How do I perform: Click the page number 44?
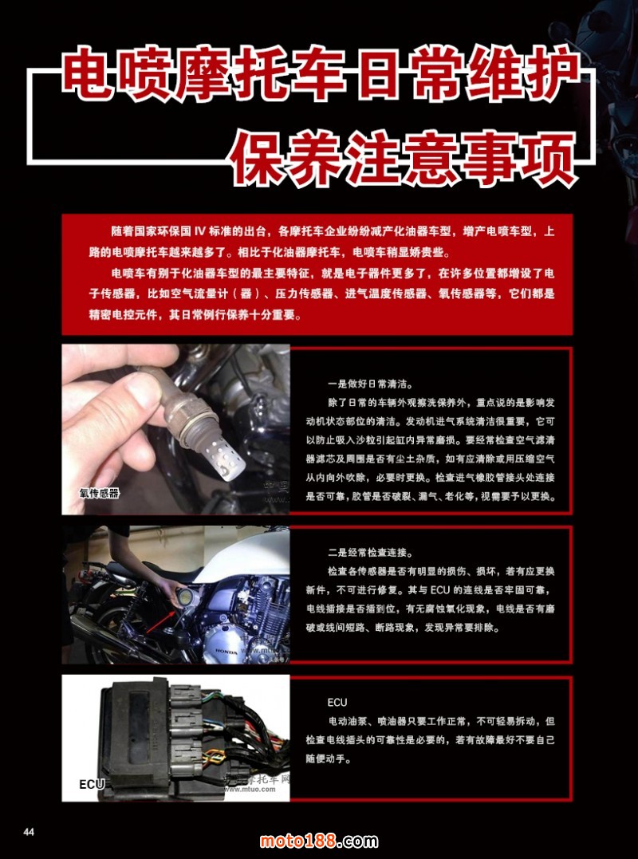pos(29,832)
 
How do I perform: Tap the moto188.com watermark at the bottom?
pos(319,841)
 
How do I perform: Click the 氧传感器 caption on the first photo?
pos(99,493)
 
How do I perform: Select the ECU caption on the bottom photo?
pos(92,785)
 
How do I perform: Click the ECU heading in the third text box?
pos(337,703)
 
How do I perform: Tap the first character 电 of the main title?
pos(89,74)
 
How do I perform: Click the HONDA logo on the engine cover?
pos(226,652)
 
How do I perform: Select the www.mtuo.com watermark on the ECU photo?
pos(250,790)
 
